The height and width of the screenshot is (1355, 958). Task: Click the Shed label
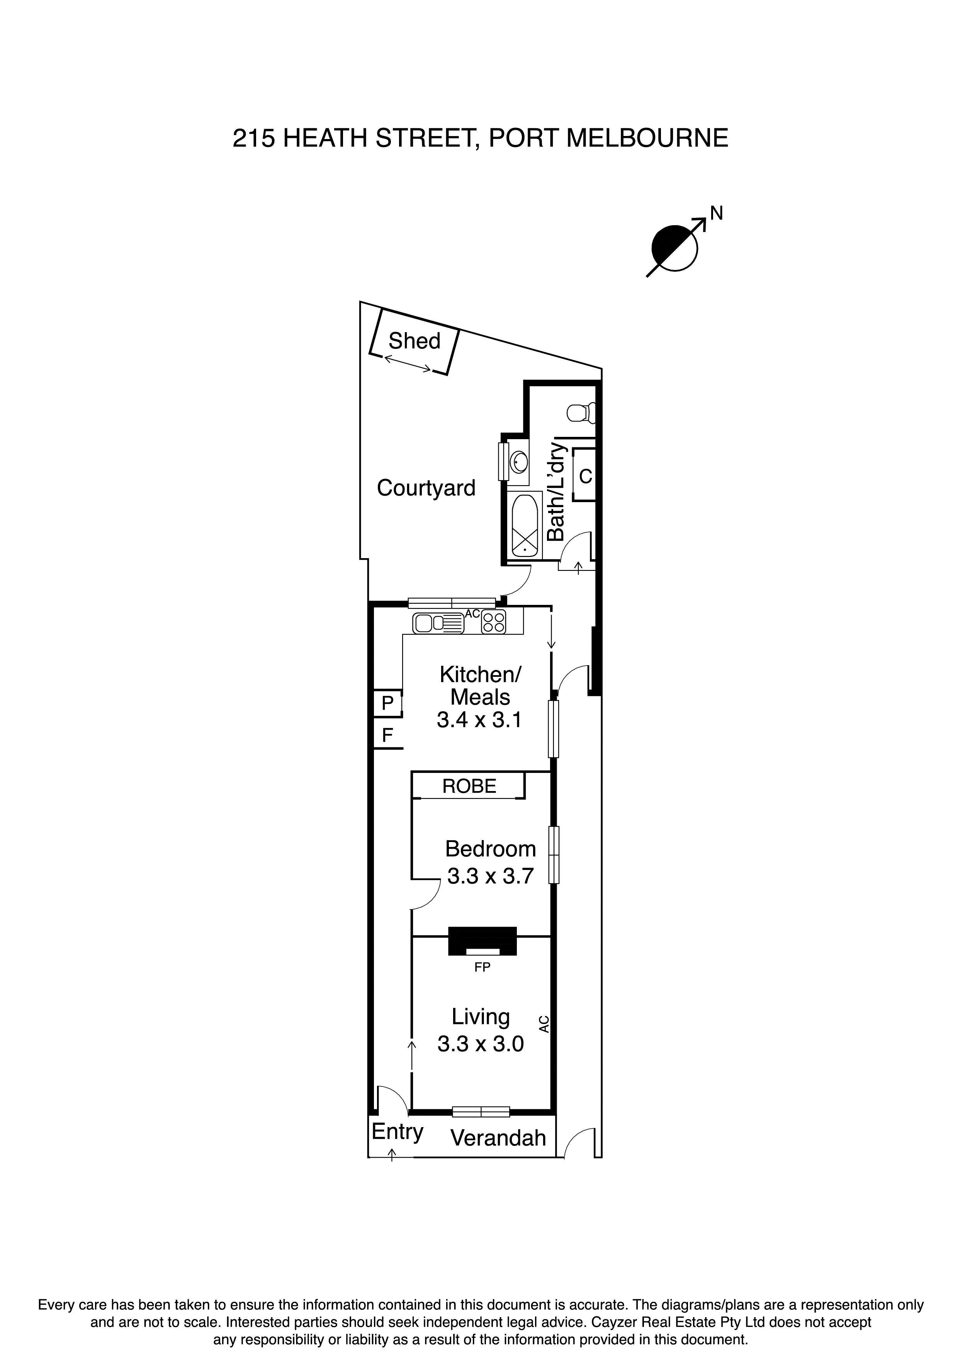click(414, 341)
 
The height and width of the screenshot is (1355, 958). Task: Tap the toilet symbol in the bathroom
click(581, 413)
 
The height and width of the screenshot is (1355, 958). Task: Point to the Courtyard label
click(426, 488)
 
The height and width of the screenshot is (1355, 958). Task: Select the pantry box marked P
click(387, 703)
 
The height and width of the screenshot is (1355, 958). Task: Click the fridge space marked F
click(387, 735)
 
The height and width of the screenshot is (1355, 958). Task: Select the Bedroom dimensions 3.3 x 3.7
click(490, 876)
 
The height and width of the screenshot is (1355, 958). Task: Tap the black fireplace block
click(482, 940)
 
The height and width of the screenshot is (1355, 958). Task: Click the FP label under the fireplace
click(482, 967)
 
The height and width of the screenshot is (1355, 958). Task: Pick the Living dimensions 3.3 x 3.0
click(481, 1044)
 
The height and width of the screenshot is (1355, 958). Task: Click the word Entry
click(397, 1132)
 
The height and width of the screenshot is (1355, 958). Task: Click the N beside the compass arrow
click(716, 214)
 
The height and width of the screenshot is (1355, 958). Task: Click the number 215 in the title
click(253, 139)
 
